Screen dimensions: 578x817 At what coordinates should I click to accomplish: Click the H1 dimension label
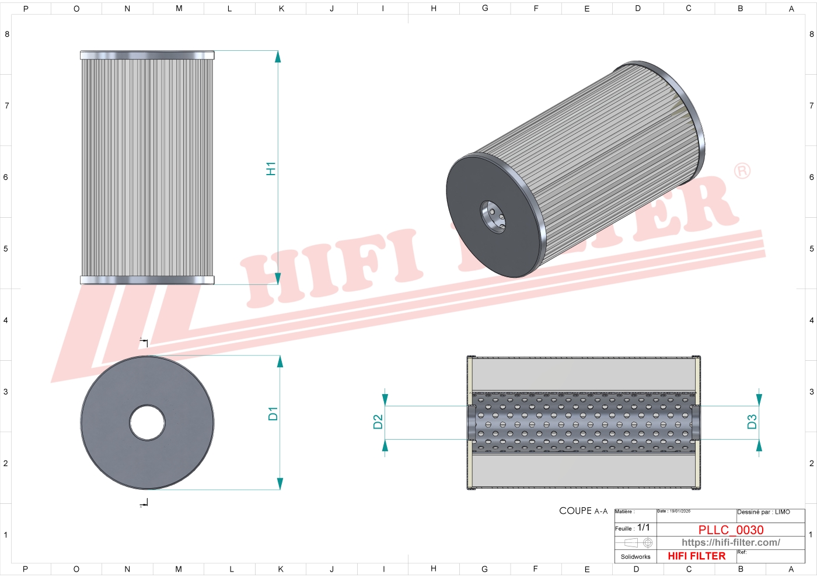271,169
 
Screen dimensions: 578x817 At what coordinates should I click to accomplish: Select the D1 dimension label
273,413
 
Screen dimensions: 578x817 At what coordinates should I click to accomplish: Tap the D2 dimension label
378,422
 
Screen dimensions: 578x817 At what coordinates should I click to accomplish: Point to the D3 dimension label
752,422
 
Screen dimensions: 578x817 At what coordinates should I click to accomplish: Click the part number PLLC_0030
731,530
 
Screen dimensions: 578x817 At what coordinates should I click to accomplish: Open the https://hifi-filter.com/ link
731,542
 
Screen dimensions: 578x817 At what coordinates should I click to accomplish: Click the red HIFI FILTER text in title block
696,556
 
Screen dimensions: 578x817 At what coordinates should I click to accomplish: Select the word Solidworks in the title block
635,556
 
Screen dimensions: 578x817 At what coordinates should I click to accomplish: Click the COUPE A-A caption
583,511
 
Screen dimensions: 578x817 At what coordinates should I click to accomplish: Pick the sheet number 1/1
643,527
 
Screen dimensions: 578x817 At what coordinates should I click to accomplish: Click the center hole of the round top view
147,422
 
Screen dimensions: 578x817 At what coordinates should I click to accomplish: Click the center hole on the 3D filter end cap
493,217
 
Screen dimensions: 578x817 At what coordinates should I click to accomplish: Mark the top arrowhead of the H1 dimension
278,57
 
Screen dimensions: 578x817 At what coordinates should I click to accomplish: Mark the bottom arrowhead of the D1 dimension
280,483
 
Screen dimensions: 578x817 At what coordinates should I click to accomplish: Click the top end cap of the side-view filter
147,55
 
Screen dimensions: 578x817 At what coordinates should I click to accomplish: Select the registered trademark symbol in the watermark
742,170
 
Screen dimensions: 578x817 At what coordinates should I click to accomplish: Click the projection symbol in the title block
638,542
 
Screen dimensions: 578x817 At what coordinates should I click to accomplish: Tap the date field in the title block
674,511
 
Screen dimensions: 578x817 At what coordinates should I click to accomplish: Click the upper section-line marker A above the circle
144,342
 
